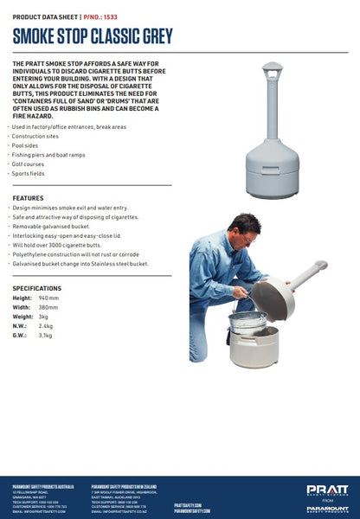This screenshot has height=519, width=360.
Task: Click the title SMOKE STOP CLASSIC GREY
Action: [93, 35]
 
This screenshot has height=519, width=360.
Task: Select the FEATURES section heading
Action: [29, 198]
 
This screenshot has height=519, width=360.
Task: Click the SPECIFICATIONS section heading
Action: [37, 287]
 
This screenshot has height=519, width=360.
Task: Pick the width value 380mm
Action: [48, 307]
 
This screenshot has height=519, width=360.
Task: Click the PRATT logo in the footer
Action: [327, 490]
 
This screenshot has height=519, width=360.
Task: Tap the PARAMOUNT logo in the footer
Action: [327, 509]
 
